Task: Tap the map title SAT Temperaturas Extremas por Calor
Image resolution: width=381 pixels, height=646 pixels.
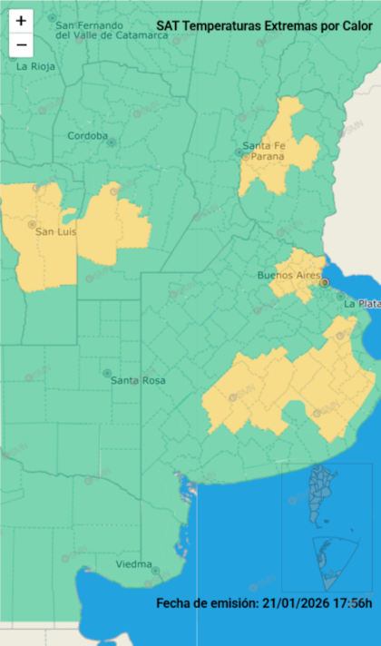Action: pyautogui.click(x=259, y=27)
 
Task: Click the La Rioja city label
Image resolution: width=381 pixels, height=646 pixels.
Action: pyautogui.click(x=35, y=66)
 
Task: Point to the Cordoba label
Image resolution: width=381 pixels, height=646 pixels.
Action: pyautogui.click(x=86, y=137)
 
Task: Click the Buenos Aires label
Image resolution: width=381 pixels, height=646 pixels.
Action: pyautogui.click(x=283, y=275)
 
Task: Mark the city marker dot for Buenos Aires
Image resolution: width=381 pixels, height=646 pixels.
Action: pyautogui.click(x=324, y=283)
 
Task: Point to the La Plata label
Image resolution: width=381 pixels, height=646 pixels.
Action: pyautogui.click(x=361, y=304)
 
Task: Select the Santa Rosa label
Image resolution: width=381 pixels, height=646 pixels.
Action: pyautogui.click(x=138, y=380)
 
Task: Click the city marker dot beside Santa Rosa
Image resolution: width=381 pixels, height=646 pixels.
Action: pyautogui.click(x=107, y=373)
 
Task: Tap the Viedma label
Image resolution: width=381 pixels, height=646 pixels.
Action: pyautogui.click(x=133, y=564)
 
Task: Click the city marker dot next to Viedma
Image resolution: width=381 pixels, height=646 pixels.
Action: pyautogui.click(x=156, y=571)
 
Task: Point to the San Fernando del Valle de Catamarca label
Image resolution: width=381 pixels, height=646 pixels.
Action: pyautogui.click(x=112, y=30)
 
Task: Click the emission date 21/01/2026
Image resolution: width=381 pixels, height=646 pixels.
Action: pyautogui.click(x=292, y=603)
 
